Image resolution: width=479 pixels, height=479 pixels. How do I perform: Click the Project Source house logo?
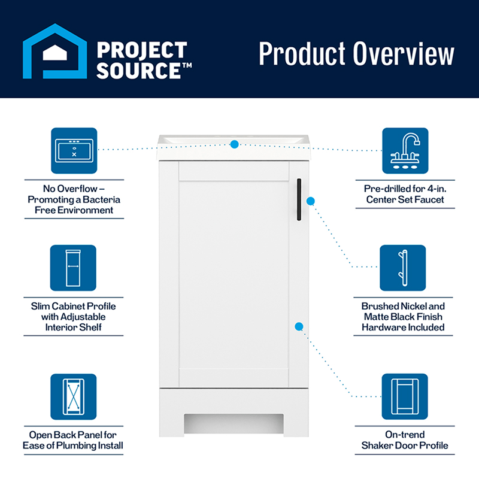54,52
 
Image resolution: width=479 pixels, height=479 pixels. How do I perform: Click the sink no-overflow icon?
74,150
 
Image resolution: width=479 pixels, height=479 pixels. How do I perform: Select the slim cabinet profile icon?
73,267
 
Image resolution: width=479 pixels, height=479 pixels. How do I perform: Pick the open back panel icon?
73,396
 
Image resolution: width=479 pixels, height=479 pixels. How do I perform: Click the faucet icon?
405,150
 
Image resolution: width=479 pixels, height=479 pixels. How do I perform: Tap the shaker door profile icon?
405,396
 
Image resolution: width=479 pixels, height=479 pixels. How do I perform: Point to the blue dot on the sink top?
235,144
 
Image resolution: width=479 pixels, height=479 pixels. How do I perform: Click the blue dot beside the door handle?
311,201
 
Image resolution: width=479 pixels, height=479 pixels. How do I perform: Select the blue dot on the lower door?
299,326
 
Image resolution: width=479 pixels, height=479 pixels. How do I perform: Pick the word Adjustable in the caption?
83,317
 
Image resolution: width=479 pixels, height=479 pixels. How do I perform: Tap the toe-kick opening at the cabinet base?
234,422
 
